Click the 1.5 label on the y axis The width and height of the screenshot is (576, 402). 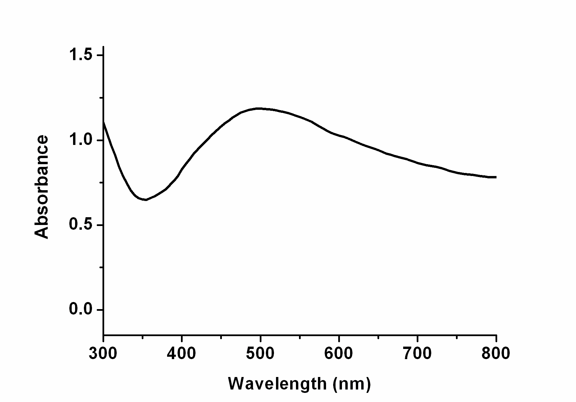coord(82,55)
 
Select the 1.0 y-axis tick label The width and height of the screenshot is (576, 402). coord(82,140)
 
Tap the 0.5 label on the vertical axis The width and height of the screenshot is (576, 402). coord(82,225)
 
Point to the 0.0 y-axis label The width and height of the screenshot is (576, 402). coord(82,310)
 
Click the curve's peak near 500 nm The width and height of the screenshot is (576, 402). coord(259,108)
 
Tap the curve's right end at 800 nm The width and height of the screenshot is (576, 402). coord(496,177)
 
